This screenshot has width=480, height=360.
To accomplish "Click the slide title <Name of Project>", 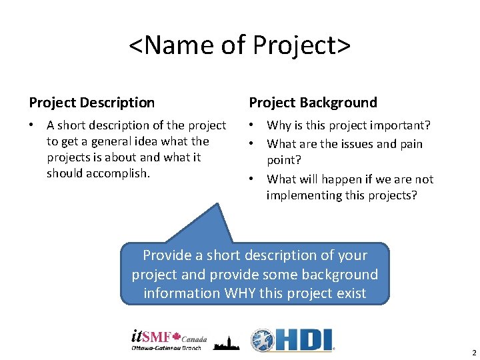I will click(239, 45).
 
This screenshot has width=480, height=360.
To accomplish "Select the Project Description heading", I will click(92, 103).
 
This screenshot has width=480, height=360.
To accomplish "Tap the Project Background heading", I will click(313, 103).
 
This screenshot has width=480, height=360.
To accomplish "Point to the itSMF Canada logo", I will click(169, 339).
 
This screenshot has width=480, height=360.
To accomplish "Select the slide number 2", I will click(474, 353).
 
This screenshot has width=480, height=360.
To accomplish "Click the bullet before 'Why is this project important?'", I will click(253, 125).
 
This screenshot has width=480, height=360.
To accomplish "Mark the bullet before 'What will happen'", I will click(253, 179).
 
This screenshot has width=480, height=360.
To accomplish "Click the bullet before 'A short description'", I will click(33, 125).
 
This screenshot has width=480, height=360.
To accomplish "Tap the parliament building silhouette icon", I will click(227, 341).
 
